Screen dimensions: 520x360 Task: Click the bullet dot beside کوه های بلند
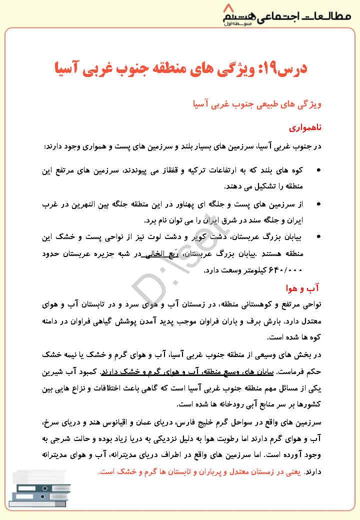319,171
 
